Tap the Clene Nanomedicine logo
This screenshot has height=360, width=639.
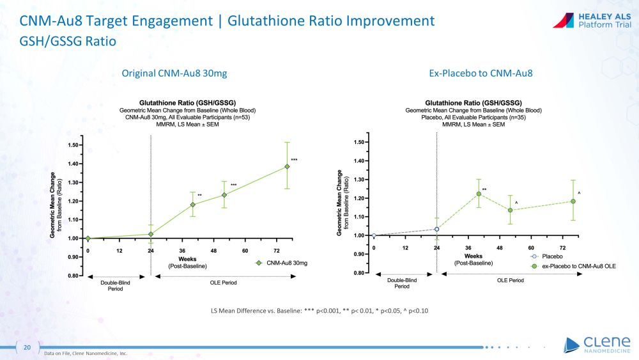[597, 344]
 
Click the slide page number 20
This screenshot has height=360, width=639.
[27, 347]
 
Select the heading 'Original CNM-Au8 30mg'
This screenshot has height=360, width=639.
[174, 74]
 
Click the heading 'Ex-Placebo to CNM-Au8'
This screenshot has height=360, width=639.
[481, 74]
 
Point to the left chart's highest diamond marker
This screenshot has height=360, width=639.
[288, 166]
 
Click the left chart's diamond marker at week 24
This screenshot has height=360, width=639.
[151, 234]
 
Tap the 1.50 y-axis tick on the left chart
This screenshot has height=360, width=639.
[74, 145]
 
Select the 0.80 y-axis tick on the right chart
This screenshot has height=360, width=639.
[360, 273]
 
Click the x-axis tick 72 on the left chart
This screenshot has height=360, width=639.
[277, 251]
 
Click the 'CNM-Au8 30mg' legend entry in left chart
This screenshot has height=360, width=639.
[286, 263]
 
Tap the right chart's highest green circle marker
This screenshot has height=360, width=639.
[479, 194]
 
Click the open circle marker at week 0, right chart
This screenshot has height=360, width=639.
[374, 235]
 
